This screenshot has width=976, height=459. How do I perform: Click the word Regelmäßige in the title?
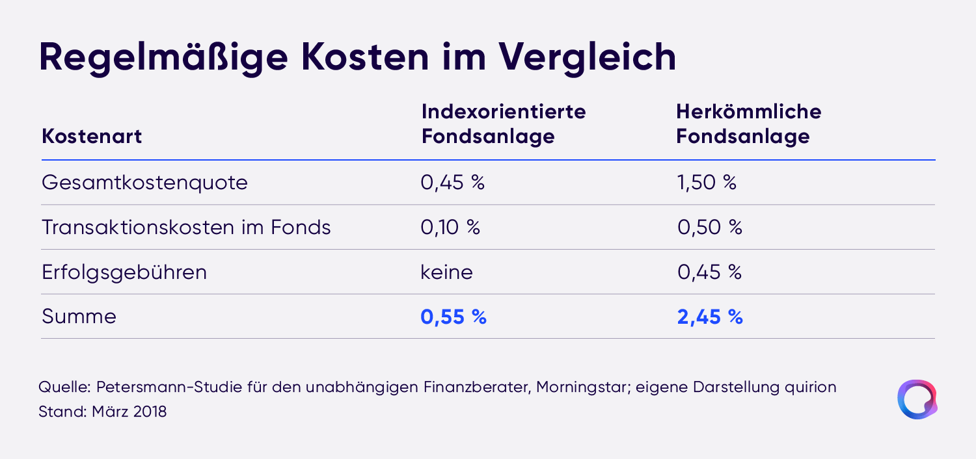[x=163, y=58]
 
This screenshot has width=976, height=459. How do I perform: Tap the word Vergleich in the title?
[x=588, y=58]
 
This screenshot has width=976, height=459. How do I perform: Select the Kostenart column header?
[x=92, y=137]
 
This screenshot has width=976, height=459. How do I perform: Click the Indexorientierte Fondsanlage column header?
[x=504, y=124]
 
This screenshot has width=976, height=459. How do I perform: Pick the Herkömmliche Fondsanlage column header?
[x=748, y=124]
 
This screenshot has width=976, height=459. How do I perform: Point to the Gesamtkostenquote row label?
[x=144, y=183]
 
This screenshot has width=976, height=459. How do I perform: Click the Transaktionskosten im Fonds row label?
[x=186, y=228]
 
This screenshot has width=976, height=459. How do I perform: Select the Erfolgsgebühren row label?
[x=124, y=272]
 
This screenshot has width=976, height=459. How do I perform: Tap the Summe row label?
[x=79, y=316]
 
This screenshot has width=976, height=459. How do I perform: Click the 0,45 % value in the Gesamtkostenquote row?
[x=452, y=183]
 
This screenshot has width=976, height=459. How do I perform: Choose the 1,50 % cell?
[x=707, y=183]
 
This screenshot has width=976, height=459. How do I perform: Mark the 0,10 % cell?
[x=450, y=228]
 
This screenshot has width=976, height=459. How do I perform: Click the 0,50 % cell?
[x=710, y=228]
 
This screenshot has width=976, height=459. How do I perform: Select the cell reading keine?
[x=446, y=272]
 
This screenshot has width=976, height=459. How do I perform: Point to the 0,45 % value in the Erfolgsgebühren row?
[x=709, y=272]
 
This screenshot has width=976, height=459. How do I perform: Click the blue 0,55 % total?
[x=453, y=317]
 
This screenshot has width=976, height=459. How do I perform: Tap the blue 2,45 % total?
[x=710, y=317]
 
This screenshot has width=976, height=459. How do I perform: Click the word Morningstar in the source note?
[x=584, y=387]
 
